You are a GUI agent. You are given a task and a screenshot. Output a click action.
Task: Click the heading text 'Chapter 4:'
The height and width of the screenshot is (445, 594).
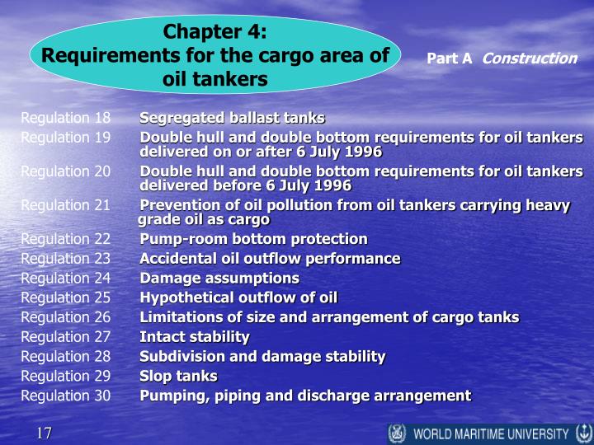(215, 34)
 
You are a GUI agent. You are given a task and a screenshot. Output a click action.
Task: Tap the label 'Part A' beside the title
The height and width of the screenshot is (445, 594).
(449, 59)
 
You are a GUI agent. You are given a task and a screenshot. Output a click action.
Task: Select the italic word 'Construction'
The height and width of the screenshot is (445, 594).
(529, 59)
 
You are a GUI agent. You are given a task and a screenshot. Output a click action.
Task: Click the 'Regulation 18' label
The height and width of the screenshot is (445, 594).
(66, 118)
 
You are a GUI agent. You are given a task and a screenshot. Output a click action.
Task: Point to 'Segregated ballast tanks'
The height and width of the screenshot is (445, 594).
(232, 118)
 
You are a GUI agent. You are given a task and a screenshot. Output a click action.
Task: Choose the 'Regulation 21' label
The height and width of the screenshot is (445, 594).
(66, 205)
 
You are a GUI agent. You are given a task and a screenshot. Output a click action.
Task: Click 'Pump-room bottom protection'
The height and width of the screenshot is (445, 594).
(253, 239)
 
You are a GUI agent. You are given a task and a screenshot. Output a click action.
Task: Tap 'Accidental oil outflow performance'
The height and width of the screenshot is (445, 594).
(270, 259)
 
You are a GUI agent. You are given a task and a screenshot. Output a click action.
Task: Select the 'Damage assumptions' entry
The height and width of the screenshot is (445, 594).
(219, 279)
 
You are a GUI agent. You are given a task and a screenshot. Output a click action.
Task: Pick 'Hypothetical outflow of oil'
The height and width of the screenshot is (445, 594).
(238, 297)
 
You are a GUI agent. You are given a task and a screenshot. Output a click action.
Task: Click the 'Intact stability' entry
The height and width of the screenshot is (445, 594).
(194, 336)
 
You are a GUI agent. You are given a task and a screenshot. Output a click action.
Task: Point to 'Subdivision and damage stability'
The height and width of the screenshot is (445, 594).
(262, 356)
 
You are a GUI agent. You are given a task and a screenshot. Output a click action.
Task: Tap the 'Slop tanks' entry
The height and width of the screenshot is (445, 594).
(178, 376)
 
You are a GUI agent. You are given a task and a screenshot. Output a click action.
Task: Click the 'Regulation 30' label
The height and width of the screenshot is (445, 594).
(66, 396)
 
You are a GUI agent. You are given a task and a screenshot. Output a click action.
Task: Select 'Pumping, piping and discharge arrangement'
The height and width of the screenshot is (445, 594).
(305, 396)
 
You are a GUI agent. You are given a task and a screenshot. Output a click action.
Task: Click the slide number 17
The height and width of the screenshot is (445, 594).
(44, 433)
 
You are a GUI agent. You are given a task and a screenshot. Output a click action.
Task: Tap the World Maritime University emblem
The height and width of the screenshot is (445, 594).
(397, 433)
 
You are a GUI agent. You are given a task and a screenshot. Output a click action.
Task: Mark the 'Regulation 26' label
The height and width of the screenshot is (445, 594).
(66, 317)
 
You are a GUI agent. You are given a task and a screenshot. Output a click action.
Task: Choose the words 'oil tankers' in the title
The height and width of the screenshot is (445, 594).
(215, 80)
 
